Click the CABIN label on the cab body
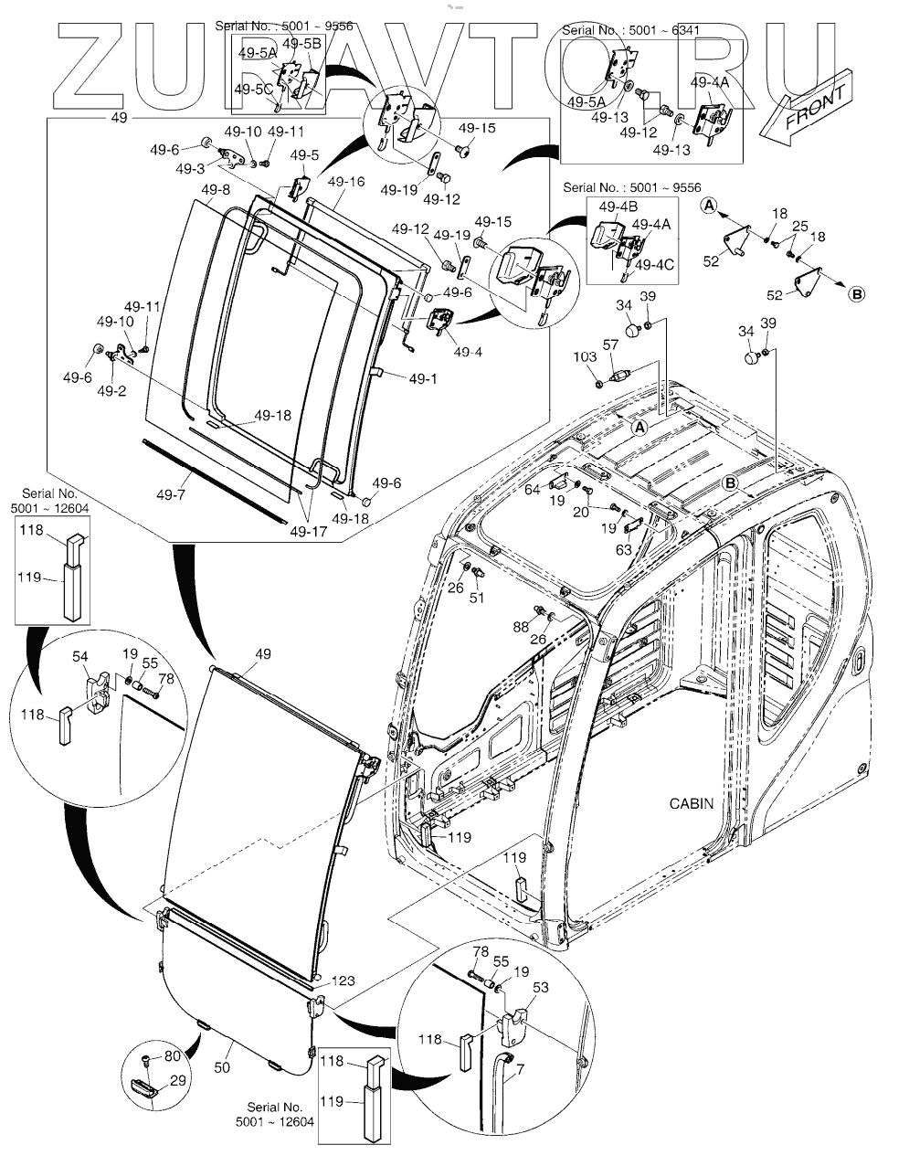point(691,804)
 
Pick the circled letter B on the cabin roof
point(730,482)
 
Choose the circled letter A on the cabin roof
point(639,427)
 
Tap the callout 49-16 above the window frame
point(347,183)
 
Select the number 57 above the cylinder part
point(609,344)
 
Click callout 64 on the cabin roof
point(533,492)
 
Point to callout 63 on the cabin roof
point(624,550)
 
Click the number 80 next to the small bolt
point(171,1057)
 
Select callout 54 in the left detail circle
point(80,657)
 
